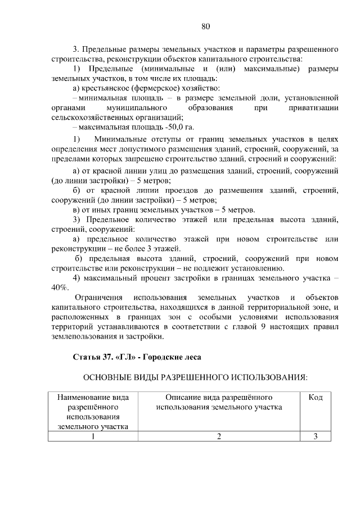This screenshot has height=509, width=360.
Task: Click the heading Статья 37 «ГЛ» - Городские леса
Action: [137, 357]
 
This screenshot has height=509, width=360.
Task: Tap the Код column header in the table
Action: [316, 398]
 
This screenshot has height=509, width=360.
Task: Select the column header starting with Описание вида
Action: [219, 402]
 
